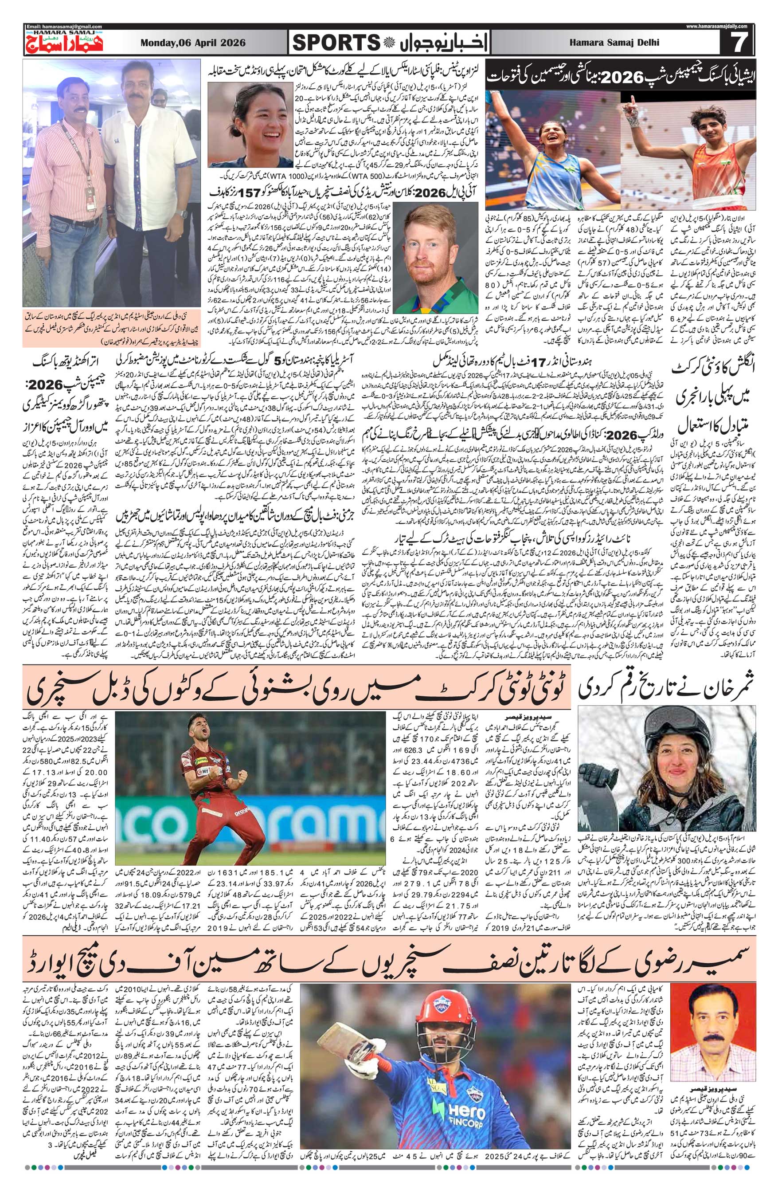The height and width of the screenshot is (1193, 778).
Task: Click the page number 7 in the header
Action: tap(737, 43)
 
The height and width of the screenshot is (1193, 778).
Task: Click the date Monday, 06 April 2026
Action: tap(193, 43)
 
